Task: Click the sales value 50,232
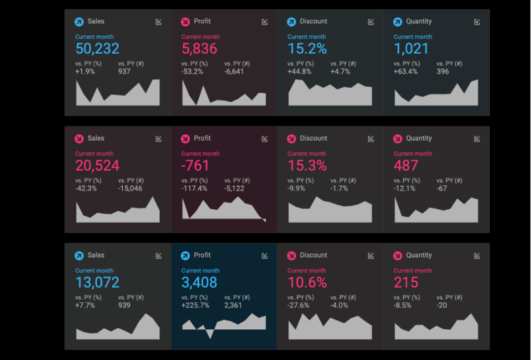click(x=98, y=49)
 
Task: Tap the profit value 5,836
click(x=198, y=49)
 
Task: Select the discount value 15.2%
click(x=307, y=49)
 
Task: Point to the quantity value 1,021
click(x=411, y=49)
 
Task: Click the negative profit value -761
click(x=195, y=166)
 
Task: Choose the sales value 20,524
click(x=98, y=166)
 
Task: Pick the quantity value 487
click(x=406, y=166)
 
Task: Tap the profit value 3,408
click(x=199, y=283)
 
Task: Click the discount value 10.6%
click(x=307, y=283)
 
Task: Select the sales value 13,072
click(x=98, y=283)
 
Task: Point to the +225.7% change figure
click(x=195, y=306)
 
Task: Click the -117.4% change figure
click(x=194, y=189)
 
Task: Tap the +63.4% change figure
click(x=406, y=72)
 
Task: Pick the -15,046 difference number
click(x=130, y=189)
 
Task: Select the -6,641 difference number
click(x=234, y=72)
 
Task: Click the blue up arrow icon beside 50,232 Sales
click(x=79, y=22)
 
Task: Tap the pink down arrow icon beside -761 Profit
click(x=185, y=139)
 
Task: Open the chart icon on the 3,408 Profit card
click(x=265, y=256)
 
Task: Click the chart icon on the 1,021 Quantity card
click(x=477, y=22)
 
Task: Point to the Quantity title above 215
click(x=419, y=255)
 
